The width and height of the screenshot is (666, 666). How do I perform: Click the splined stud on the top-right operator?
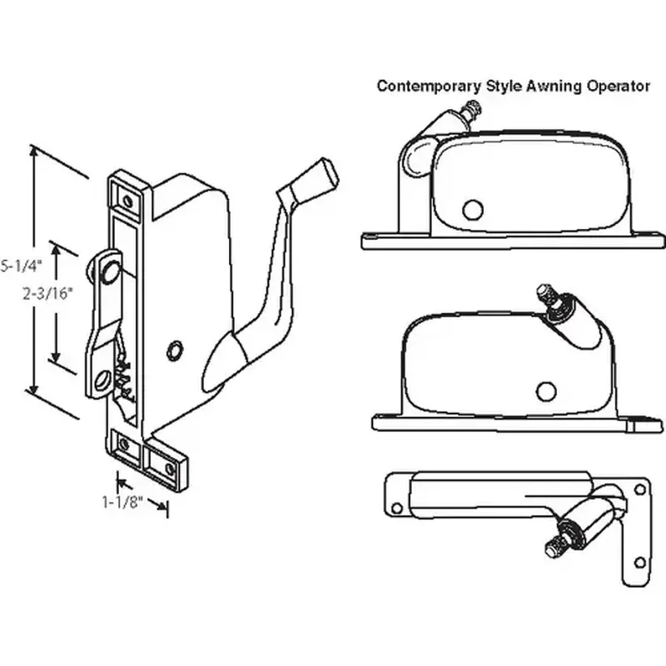coord(475,108)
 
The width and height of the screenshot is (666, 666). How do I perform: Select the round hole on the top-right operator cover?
coord(474,210)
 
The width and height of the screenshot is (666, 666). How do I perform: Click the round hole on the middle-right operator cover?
coord(546,391)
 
